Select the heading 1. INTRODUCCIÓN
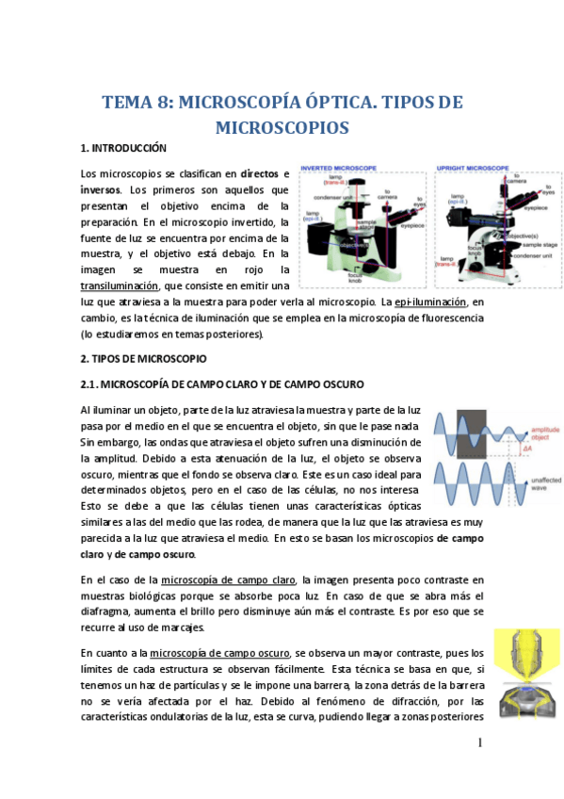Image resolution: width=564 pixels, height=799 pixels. (x=123, y=149)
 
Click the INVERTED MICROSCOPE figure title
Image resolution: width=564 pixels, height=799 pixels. (x=337, y=168)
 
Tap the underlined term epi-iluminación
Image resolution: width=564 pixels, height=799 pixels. (x=430, y=302)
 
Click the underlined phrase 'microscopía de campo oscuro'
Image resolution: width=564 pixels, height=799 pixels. (x=220, y=653)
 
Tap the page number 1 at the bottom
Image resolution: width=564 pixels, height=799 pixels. (x=479, y=742)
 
